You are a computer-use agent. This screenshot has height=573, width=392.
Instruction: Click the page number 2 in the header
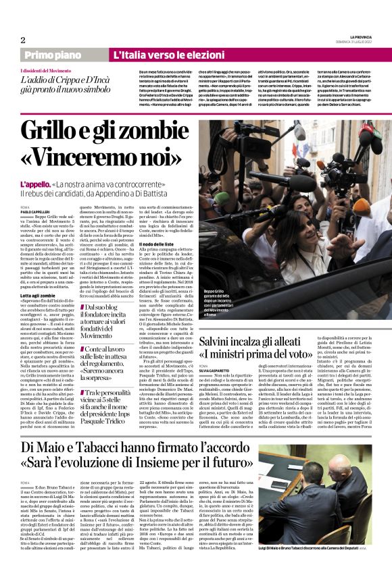[x=23, y=39]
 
